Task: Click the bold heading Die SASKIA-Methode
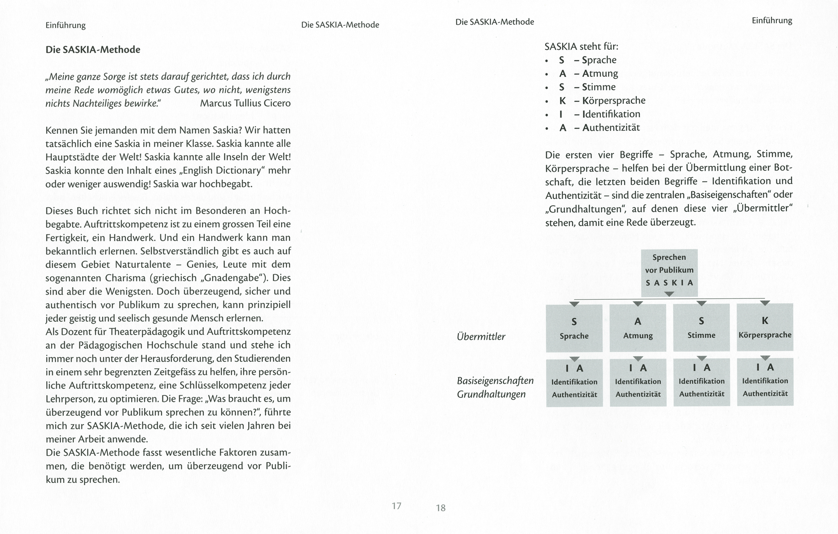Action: click(x=93, y=50)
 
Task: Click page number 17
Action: click(x=396, y=506)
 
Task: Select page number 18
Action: click(x=441, y=508)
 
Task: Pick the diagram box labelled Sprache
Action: click(x=574, y=328)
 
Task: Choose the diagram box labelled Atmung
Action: click(x=638, y=328)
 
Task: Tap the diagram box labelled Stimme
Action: click(x=701, y=328)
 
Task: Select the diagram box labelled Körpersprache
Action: click(x=765, y=327)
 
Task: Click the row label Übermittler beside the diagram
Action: click(x=481, y=337)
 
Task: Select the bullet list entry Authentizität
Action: click(x=611, y=128)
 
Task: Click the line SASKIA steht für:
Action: click(x=581, y=46)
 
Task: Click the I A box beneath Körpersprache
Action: click(x=765, y=382)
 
